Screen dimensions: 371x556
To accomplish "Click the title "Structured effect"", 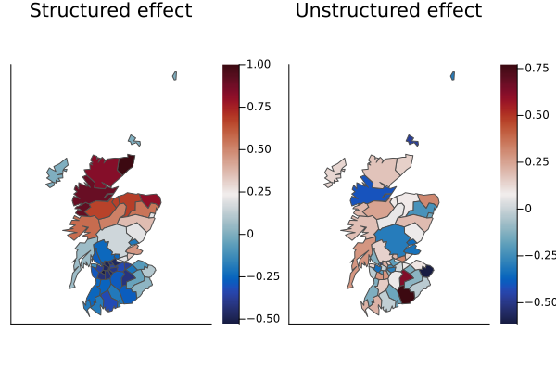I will [x=110, y=11].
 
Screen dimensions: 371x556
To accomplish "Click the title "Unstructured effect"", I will [x=388, y=11].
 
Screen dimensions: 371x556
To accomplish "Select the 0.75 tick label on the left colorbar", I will [x=259, y=107].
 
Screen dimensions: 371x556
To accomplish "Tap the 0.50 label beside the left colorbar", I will [x=259, y=148].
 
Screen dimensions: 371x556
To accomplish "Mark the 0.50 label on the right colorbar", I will [x=537, y=114].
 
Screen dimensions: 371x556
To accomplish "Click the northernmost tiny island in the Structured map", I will [x=174, y=76].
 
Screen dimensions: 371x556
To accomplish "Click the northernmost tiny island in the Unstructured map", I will [x=452, y=76].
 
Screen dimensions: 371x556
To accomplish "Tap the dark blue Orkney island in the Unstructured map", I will [x=411, y=140].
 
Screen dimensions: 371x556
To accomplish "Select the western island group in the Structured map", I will [x=57, y=173].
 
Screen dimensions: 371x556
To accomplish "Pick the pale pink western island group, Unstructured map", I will [x=335, y=173].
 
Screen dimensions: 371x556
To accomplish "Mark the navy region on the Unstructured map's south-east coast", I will [x=426, y=271].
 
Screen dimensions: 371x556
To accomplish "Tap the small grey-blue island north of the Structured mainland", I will [x=134, y=140].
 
